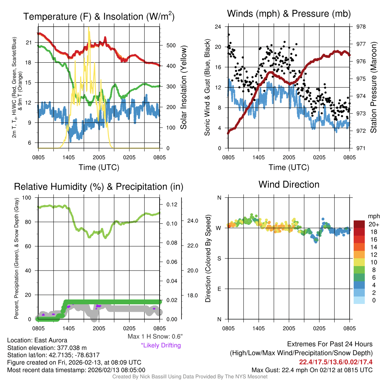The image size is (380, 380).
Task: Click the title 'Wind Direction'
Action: [289, 184]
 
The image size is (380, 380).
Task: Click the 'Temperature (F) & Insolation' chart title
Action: [99, 17]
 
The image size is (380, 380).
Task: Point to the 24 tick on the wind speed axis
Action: [218, 27]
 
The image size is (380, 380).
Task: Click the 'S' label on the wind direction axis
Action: [219, 258]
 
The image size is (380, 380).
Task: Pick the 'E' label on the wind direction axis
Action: [219, 289]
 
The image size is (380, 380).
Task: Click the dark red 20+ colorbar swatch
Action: [360, 225]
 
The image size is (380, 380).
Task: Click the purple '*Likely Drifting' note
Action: [161, 345]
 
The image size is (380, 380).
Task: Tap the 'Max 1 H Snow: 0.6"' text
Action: [155, 337]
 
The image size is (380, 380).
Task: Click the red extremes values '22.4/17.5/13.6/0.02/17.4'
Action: [336, 361]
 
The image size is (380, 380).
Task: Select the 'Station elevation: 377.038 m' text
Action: [47, 348]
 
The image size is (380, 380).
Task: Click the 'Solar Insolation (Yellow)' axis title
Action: [184, 88]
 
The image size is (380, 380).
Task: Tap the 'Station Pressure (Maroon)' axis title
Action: [374, 88]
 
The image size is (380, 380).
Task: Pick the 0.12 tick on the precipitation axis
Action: [171, 204]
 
